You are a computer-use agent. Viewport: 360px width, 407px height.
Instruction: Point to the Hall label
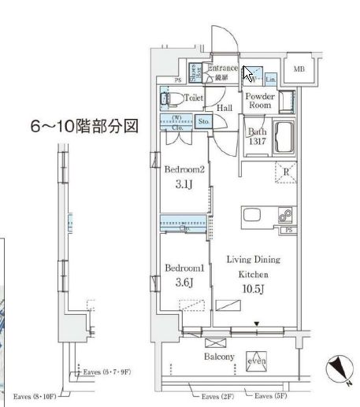[225, 109]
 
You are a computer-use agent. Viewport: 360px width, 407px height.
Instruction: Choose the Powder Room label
[259, 101]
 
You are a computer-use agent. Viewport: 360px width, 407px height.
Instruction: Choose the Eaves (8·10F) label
[35, 398]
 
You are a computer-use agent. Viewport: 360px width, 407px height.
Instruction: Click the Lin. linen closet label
[270, 80]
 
